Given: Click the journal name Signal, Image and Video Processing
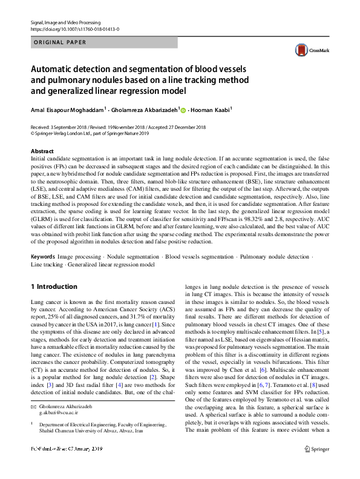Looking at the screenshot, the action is pos(65,22).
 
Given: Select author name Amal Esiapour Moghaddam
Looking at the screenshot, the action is pos(67,111).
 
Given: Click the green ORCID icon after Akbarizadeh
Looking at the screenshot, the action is pos(183,111).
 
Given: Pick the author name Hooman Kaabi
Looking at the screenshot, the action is pos(211,111).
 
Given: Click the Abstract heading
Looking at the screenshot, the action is pos(42,150).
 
